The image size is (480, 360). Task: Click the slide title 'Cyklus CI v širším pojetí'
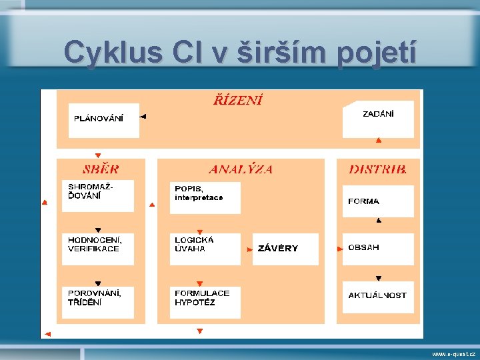(x=240, y=52)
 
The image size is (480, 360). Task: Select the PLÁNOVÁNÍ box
(x=103, y=120)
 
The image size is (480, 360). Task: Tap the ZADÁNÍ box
(x=378, y=119)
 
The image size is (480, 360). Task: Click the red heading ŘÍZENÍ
(x=238, y=101)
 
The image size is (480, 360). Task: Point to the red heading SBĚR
(x=101, y=169)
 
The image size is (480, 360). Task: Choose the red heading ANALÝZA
(x=241, y=169)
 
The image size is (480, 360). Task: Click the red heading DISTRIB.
(x=378, y=169)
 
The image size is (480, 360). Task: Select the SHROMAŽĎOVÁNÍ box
(x=98, y=195)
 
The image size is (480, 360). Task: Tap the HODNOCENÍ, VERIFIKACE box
(x=98, y=249)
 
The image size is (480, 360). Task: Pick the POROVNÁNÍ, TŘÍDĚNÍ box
(x=98, y=302)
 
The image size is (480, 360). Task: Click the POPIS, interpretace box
(x=205, y=197)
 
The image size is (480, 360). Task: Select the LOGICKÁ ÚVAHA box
(x=205, y=249)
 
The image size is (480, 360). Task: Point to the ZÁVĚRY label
(x=278, y=249)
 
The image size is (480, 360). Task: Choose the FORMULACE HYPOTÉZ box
(x=205, y=302)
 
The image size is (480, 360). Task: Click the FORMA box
(x=378, y=201)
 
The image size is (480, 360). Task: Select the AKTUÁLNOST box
(x=378, y=295)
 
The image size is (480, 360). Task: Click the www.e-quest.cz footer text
(x=453, y=354)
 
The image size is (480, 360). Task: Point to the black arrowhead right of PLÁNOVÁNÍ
(x=143, y=116)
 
